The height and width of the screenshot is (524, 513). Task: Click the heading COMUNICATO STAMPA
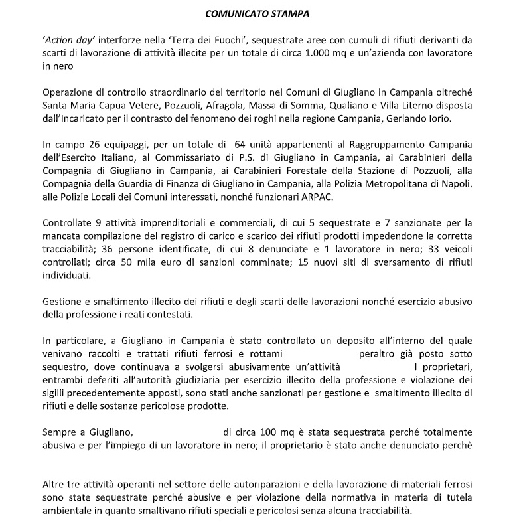coord(256,13)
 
